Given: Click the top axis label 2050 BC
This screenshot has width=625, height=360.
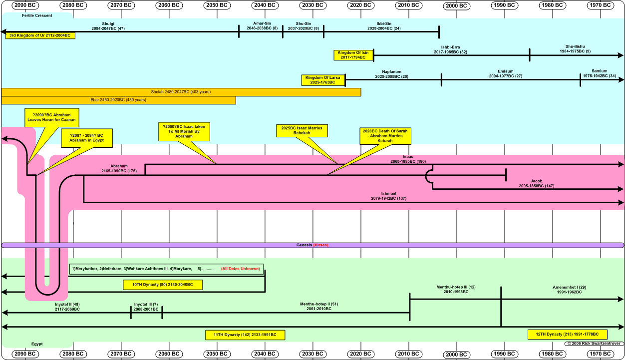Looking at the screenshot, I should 217,5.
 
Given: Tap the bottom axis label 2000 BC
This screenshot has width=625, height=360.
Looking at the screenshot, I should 456,355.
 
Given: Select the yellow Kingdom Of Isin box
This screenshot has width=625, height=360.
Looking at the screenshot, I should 354,55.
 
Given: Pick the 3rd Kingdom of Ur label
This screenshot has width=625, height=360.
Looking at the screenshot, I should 40,35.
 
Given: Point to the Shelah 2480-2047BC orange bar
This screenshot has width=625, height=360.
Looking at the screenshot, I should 181,92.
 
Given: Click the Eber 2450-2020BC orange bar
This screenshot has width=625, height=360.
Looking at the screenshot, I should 118,100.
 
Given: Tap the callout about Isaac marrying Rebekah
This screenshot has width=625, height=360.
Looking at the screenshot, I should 301,131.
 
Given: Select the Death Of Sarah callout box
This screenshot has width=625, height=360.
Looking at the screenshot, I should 385,136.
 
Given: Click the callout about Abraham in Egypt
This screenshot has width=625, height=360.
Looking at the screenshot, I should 86,138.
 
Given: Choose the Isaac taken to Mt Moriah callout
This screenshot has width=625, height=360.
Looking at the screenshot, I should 184,131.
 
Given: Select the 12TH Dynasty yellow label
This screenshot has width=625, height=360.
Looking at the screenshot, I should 567,334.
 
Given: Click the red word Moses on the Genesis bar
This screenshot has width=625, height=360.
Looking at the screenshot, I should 320,245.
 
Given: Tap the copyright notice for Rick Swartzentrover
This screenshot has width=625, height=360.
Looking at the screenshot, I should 594,344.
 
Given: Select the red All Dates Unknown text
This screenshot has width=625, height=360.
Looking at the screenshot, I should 240,269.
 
